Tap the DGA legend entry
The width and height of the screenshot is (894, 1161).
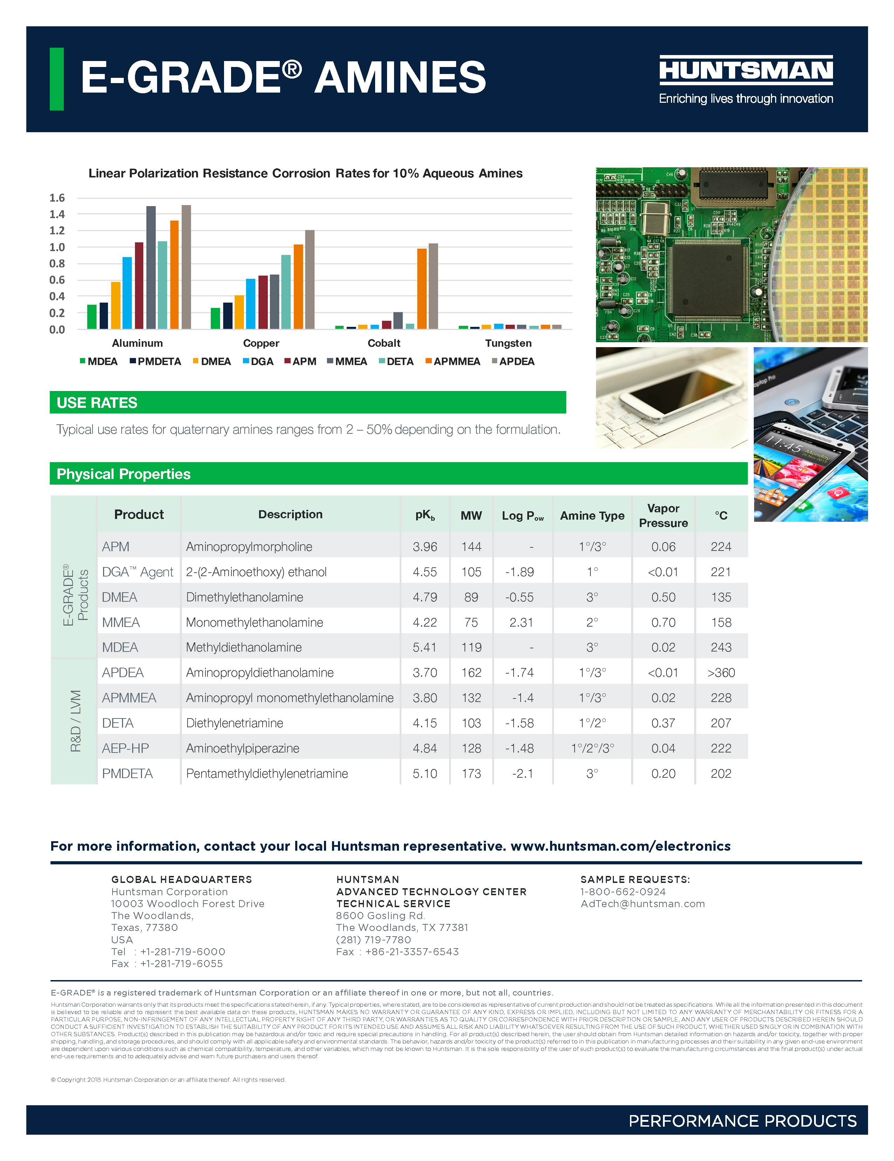(x=258, y=362)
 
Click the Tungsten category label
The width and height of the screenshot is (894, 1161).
(x=508, y=343)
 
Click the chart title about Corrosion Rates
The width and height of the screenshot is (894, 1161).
(x=305, y=173)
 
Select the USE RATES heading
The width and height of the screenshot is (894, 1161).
(x=97, y=403)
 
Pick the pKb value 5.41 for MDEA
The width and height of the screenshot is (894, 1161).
(x=425, y=648)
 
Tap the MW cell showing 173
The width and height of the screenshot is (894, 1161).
(x=471, y=774)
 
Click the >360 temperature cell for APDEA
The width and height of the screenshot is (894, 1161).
(x=721, y=673)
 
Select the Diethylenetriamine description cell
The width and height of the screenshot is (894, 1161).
(x=235, y=723)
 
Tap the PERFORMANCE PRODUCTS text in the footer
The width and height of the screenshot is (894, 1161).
(x=742, y=1121)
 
